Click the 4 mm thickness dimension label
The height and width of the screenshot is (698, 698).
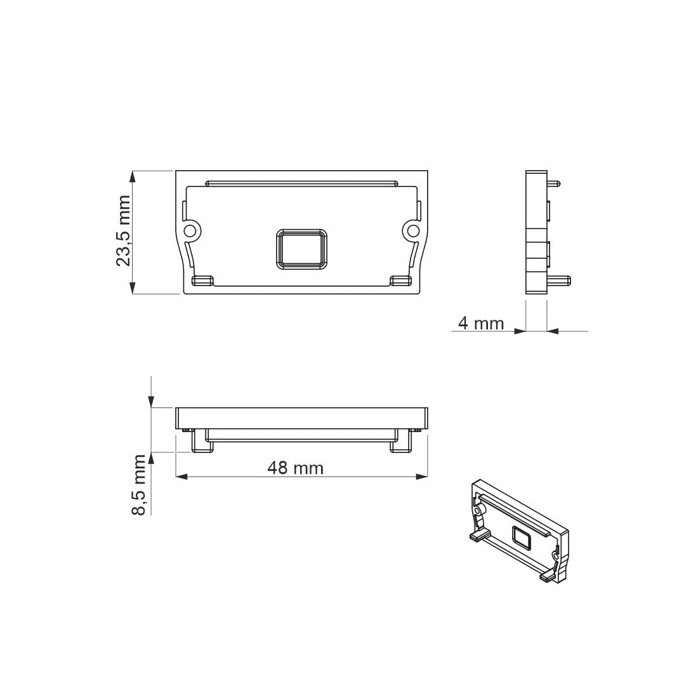pos(480,324)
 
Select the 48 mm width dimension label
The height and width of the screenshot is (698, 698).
pos(295,468)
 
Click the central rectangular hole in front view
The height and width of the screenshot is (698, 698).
pos(301,247)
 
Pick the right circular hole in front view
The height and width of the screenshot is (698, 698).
pos(412,230)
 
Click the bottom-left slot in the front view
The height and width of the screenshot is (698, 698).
pos(202,280)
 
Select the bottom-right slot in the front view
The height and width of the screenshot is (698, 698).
pos(400,280)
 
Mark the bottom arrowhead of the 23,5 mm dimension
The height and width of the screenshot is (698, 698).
pos(133,288)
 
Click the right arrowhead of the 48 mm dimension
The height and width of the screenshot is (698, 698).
pos(421,477)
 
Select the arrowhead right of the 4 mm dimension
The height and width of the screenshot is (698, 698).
pos(552,331)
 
